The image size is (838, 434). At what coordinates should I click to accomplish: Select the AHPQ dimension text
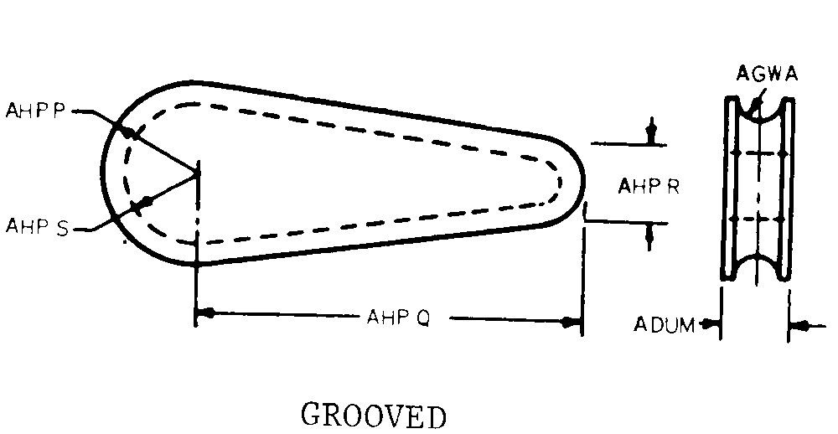pos(397,318)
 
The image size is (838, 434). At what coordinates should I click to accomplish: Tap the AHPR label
pos(648,186)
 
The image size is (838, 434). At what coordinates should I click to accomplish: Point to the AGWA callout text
pos(767,74)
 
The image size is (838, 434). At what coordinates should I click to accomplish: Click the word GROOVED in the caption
pos(373,416)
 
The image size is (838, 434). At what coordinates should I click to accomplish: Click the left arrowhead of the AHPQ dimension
pos(206,314)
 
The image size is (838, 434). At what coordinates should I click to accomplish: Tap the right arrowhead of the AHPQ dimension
pos(572,321)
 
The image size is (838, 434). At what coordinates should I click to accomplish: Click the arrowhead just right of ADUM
pos(713,323)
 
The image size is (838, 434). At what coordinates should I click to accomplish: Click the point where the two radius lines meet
pos(199,172)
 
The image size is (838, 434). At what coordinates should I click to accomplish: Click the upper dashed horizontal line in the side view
pos(758,154)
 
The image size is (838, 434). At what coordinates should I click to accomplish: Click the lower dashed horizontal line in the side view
pos(758,220)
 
